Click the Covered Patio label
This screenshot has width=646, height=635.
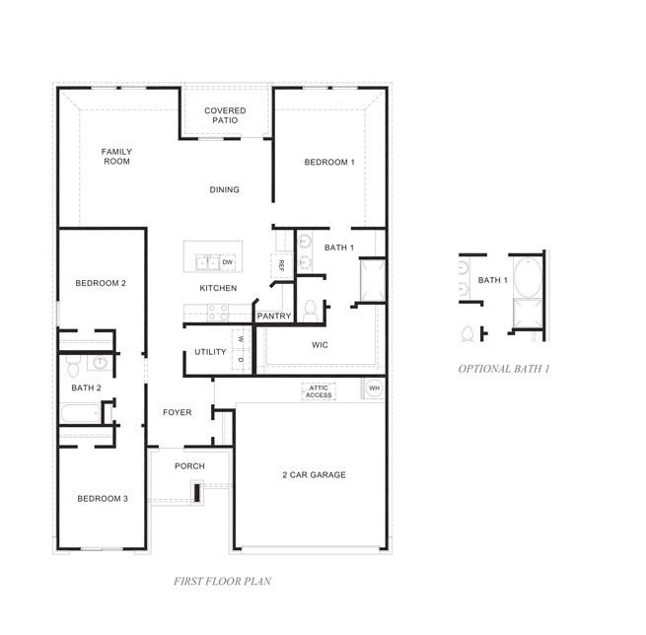click(x=225, y=115)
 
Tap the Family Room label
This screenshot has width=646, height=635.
click(x=116, y=157)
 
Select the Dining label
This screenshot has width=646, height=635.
click(x=224, y=190)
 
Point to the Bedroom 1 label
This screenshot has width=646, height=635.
click(x=329, y=163)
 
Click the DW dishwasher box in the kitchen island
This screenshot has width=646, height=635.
click(x=228, y=262)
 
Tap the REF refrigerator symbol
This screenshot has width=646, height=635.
click(x=282, y=265)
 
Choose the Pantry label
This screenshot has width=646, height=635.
click(x=274, y=317)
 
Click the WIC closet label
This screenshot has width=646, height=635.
click(x=320, y=345)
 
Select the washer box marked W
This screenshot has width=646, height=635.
click(x=241, y=339)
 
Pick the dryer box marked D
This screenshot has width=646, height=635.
click(x=241, y=360)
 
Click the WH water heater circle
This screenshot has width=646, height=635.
click(x=374, y=388)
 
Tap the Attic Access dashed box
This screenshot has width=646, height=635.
click(x=319, y=391)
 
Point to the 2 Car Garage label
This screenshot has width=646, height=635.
click(x=314, y=475)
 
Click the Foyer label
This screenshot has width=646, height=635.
click(x=178, y=412)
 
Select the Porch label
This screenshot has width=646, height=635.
click(x=189, y=466)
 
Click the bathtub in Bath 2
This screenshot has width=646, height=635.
click(x=81, y=413)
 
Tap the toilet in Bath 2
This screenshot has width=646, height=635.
click(x=73, y=366)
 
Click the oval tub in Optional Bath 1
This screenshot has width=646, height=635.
click(x=528, y=277)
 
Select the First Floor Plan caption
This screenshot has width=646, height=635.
click(x=223, y=581)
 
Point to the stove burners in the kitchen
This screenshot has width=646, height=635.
click(x=218, y=313)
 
